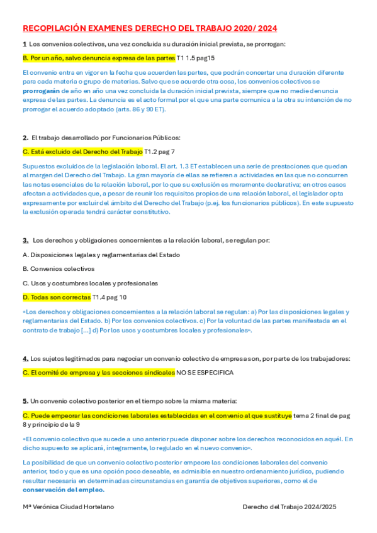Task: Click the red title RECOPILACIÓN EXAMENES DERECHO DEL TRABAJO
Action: [150, 28]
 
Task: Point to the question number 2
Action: [25, 137]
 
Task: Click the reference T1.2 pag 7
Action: [160, 151]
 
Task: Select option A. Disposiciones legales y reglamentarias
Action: [101, 255]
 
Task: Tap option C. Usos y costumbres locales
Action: [90, 283]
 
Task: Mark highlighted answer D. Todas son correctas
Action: [57, 297]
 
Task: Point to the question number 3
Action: [25, 240]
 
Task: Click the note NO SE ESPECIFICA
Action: [205, 373]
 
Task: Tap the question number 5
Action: [25, 400]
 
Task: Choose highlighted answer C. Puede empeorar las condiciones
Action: [157, 415]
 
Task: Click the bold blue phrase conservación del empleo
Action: [64, 490]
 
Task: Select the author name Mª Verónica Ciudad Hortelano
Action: [69, 506]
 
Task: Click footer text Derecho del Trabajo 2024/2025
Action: [290, 506]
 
